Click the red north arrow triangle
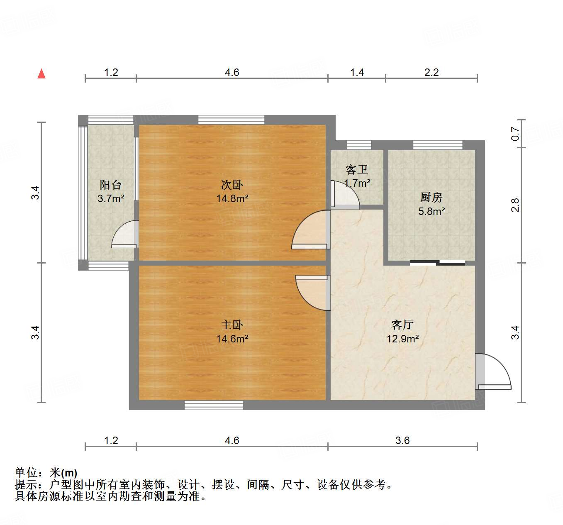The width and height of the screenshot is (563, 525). (41, 74)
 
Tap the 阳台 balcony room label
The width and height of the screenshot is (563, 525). (111, 185)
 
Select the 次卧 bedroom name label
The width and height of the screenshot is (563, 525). (232, 185)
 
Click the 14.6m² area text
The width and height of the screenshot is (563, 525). (232, 339)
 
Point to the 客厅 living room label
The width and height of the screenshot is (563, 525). (402, 325)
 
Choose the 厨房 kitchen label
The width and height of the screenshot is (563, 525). (431, 197)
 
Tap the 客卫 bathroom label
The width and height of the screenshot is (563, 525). (357, 169)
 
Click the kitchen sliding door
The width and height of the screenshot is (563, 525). (438, 262)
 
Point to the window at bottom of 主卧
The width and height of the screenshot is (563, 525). (214, 405)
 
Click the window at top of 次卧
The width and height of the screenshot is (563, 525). (231, 120)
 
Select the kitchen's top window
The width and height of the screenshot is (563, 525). (438, 145)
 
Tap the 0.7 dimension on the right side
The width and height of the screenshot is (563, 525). (515, 133)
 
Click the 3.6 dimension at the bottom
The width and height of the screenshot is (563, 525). (402, 440)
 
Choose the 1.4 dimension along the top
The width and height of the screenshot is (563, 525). (357, 73)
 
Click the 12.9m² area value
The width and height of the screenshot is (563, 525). (402, 339)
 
